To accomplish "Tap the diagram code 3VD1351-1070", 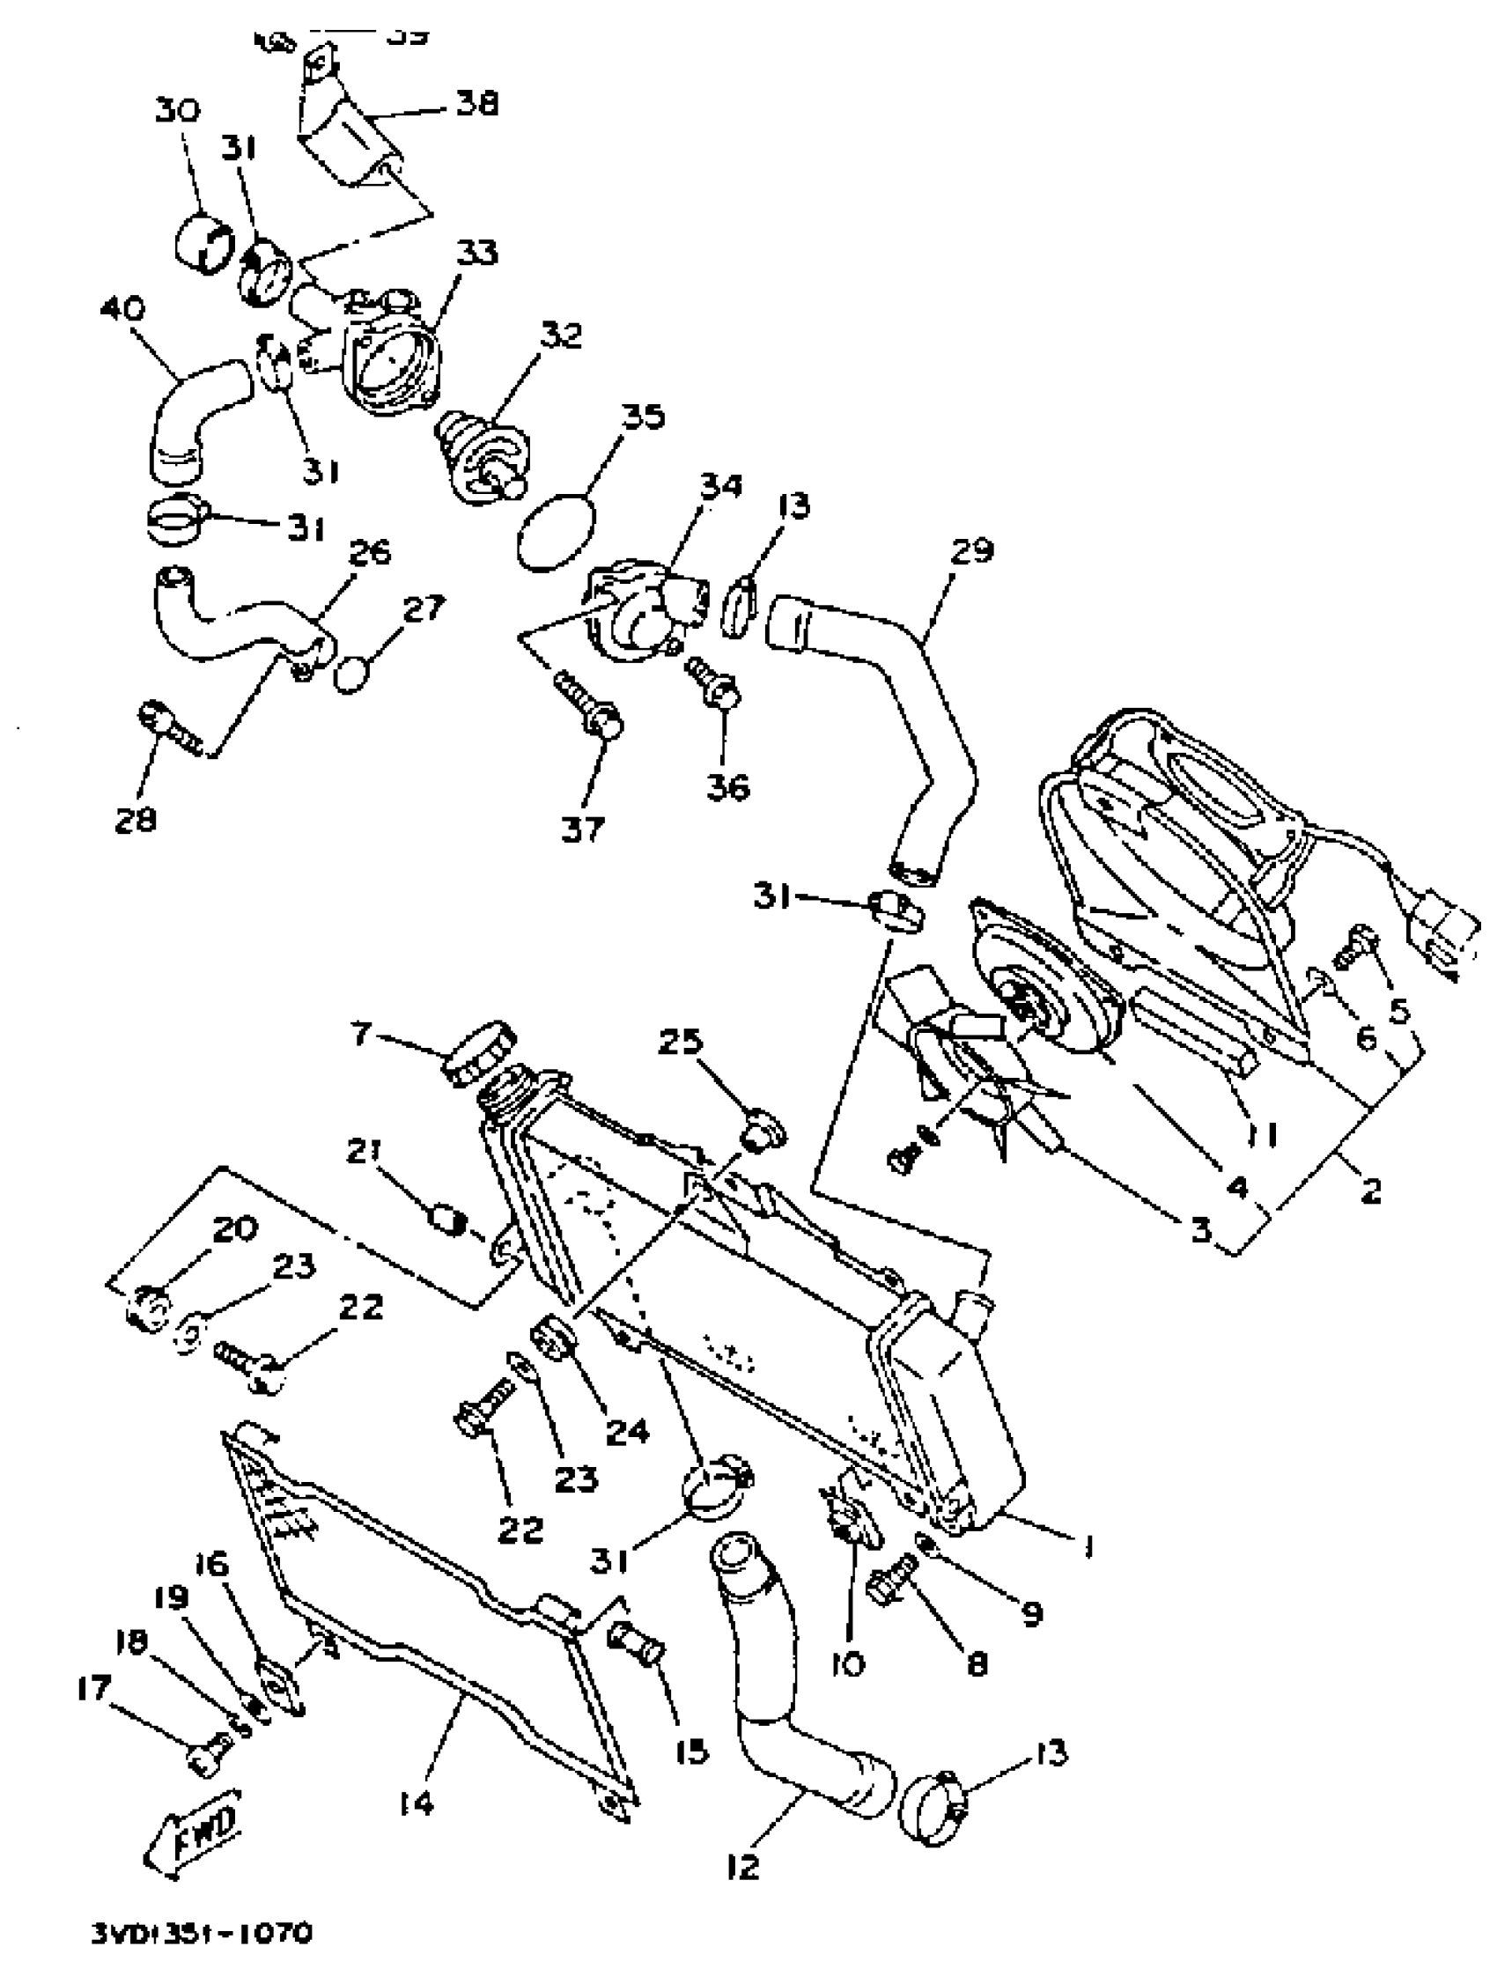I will click(x=202, y=1934).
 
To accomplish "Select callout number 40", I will click(x=122, y=309).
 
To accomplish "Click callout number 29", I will click(x=972, y=549).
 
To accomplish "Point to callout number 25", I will click(x=681, y=1042).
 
